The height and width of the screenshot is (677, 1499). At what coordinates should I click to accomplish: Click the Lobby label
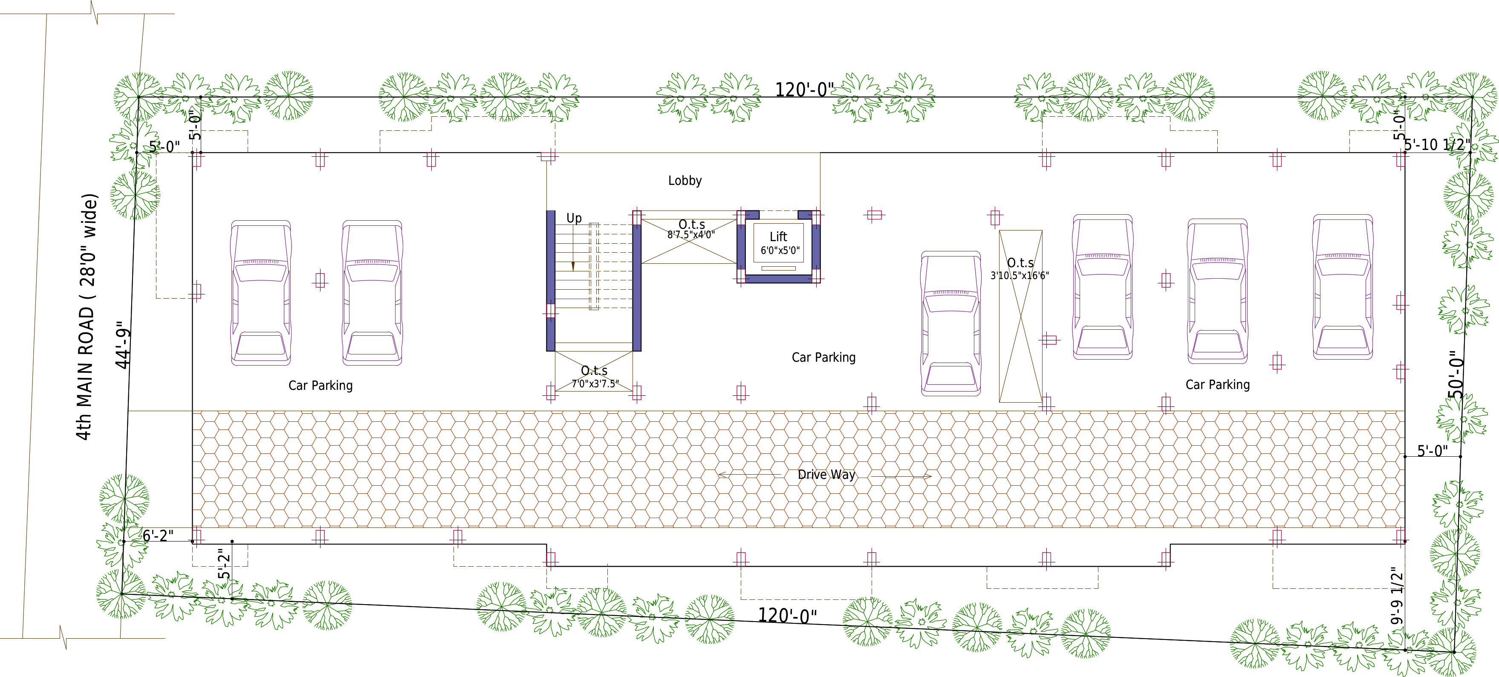click(685, 181)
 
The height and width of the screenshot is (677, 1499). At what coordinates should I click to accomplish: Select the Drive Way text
click(826, 475)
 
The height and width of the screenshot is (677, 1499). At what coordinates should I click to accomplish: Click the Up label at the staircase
click(574, 218)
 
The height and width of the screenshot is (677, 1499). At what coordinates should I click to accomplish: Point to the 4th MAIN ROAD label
click(86, 317)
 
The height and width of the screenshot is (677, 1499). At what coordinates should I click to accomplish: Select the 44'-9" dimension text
click(123, 345)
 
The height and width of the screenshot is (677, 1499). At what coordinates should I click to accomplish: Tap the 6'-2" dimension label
click(158, 536)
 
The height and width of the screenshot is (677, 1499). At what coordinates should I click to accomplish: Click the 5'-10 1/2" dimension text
click(1437, 144)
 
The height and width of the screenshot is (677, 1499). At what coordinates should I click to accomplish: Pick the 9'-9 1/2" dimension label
click(1397, 596)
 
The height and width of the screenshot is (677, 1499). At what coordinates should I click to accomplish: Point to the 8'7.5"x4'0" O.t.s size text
click(691, 235)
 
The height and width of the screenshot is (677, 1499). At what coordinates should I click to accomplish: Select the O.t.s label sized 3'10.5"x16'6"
click(1020, 263)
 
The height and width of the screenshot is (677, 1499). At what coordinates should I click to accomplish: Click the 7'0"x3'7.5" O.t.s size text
click(595, 384)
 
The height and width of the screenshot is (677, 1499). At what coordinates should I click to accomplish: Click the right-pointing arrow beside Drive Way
click(901, 476)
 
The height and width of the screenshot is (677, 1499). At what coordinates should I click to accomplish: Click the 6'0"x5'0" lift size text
click(780, 251)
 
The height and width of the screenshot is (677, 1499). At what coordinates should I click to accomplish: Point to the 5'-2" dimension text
click(224, 564)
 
